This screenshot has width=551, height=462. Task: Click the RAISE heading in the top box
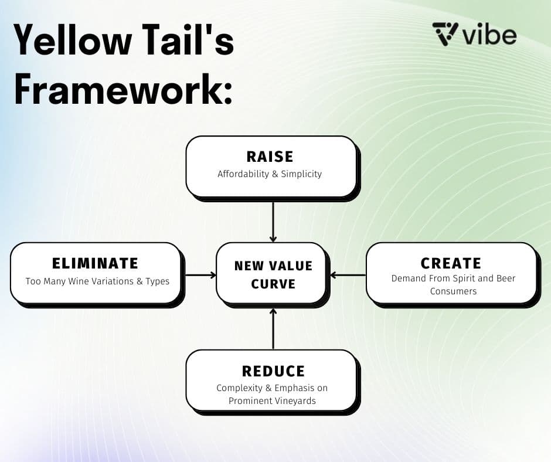pos(270,157)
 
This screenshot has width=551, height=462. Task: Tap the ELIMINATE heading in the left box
pos(95,263)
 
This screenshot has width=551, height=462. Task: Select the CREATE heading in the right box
pos(451,263)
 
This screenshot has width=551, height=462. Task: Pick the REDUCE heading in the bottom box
pos(273,371)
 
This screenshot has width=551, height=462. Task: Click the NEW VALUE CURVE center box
pos(273,274)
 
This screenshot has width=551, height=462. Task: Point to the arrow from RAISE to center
pos(273,222)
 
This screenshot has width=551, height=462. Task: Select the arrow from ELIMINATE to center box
pos(199,274)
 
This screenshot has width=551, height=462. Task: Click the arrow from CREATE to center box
pos(348,274)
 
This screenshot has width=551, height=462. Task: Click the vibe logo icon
pos(445,34)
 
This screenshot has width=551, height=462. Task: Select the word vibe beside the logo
pos(489,35)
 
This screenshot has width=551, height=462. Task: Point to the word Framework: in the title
pos(123,90)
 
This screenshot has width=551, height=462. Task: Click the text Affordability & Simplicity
pos(270,174)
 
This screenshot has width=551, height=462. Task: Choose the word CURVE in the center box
pos(273,284)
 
